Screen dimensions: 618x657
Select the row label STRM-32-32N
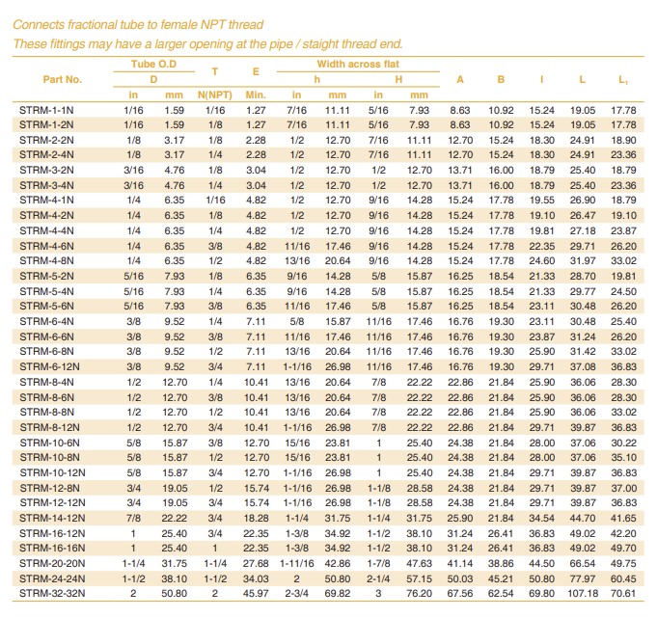coord(52,594)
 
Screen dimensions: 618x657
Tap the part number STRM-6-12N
coord(49,367)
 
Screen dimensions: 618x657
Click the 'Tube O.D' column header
coord(153,64)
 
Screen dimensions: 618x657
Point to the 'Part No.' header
coord(63,79)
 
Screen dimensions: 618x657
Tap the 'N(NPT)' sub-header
coord(215,94)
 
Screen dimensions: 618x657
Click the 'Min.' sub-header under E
coord(256,94)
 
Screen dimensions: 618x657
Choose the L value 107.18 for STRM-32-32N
coord(582,594)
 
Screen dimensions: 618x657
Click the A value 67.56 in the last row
coord(460,594)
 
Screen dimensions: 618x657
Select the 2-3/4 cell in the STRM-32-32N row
coord(296,594)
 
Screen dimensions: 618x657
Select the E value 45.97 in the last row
coord(256,594)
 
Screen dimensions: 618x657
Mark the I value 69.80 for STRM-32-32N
coord(541,594)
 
